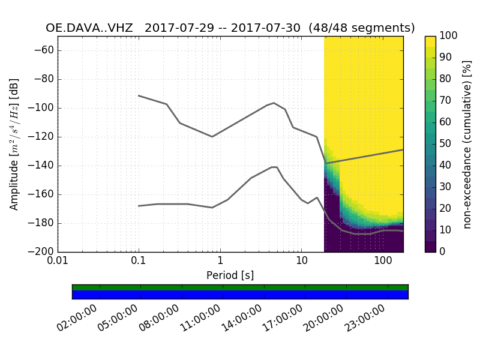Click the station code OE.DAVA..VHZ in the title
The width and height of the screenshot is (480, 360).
point(89,28)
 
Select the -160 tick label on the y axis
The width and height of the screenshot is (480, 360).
point(43,194)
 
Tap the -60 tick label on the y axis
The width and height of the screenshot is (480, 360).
point(45,50)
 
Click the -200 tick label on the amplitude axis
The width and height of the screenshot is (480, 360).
point(43,252)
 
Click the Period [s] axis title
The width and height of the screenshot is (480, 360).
point(230,275)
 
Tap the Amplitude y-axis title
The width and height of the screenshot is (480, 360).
point(14,144)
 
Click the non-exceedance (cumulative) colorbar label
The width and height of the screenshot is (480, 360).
point(467,144)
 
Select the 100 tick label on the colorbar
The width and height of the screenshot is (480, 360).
point(449,36)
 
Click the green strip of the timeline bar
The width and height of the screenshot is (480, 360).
point(240,287)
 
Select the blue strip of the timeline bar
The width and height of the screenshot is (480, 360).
point(240,295)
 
